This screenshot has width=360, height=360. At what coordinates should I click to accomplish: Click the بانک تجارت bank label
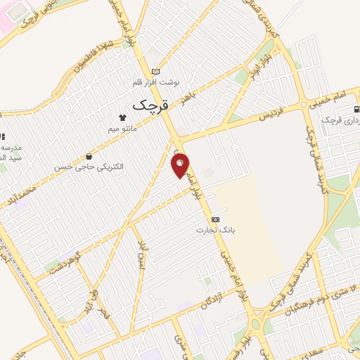(215, 230)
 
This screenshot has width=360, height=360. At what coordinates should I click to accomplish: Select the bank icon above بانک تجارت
(215, 219)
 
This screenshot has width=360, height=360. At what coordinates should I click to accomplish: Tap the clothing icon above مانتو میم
(122, 119)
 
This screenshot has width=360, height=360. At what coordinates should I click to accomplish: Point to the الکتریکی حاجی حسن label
(88, 167)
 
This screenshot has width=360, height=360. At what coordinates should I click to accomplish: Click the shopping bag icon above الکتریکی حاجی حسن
(88, 156)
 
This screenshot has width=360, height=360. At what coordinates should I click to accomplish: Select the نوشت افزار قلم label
(155, 82)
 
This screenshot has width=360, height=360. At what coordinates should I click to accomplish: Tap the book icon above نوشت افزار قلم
(155, 71)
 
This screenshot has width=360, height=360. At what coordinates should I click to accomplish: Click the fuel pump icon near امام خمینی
(357, 109)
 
